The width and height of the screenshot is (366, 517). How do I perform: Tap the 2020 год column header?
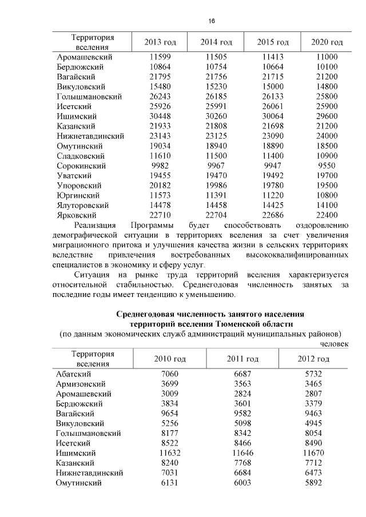[x=327, y=43]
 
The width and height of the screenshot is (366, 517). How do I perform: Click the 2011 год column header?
[x=242, y=359]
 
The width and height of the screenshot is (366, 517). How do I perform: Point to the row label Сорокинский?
[x=80, y=166]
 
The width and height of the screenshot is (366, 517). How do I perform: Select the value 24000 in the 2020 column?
[x=327, y=136]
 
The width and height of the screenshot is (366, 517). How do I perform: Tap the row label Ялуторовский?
[x=84, y=205]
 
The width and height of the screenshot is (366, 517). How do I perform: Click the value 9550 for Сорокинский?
[x=327, y=166]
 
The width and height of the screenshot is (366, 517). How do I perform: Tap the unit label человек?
[x=334, y=343]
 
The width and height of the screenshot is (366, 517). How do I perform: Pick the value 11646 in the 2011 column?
[x=242, y=452]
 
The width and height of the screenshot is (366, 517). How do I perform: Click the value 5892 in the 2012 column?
[x=313, y=483]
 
